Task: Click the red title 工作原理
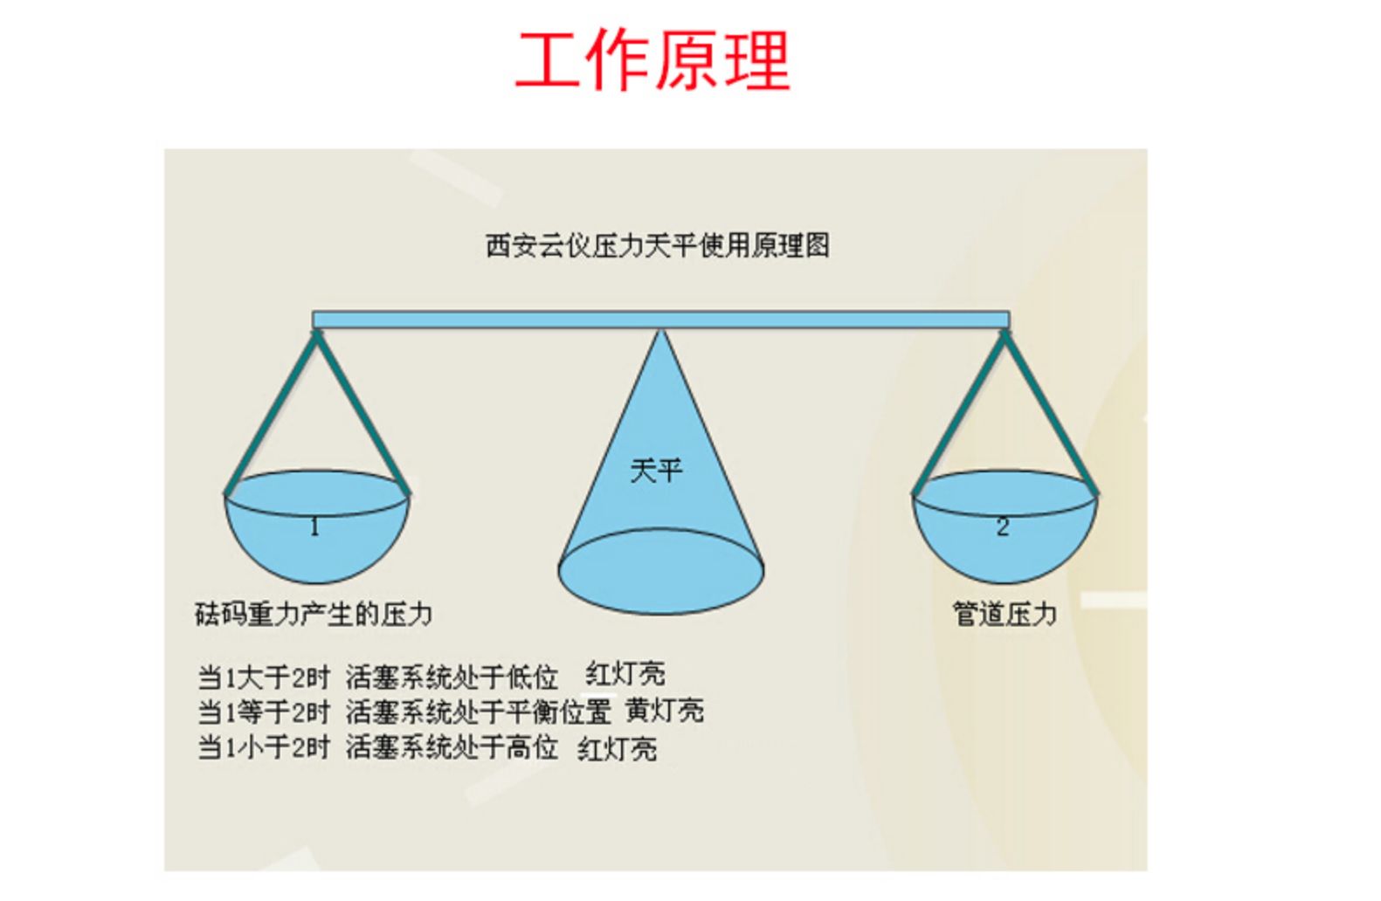[x=653, y=59]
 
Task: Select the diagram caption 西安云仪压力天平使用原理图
[x=657, y=245]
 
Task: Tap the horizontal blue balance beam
[x=661, y=320]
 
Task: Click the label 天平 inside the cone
[x=657, y=471]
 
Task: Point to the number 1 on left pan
[x=314, y=527]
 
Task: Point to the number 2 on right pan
[x=1003, y=527]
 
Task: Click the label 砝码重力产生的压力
[x=314, y=614]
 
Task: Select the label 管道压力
[x=1005, y=614]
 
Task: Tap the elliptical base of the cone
[x=661, y=571]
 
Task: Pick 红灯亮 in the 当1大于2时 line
[x=625, y=674]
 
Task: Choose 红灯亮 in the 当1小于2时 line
[x=618, y=749]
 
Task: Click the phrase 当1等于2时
[x=264, y=712]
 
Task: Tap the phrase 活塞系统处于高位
[x=452, y=748]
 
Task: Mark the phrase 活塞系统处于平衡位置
[x=479, y=712]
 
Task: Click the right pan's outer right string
[x=1051, y=413]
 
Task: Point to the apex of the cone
[x=661, y=330]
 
